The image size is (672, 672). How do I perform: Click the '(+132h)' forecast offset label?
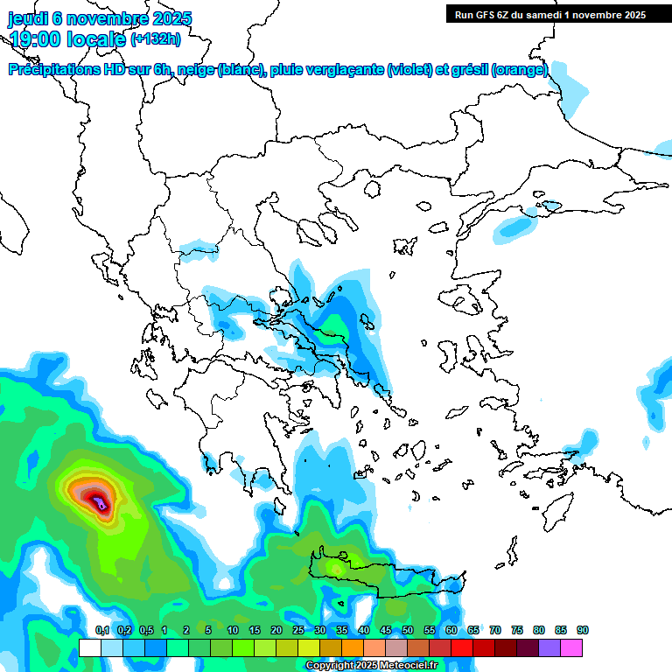[156, 39]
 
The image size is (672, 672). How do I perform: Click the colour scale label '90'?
[583, 630]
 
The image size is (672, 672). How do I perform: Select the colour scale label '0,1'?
[102, 630]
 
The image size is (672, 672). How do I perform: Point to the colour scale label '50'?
[408, 630]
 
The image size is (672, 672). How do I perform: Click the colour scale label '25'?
[298, 630]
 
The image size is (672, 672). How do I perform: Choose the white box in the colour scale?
[89, 647]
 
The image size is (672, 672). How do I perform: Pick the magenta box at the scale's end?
[571, 647]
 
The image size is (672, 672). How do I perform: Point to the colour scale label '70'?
[495, 630]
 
